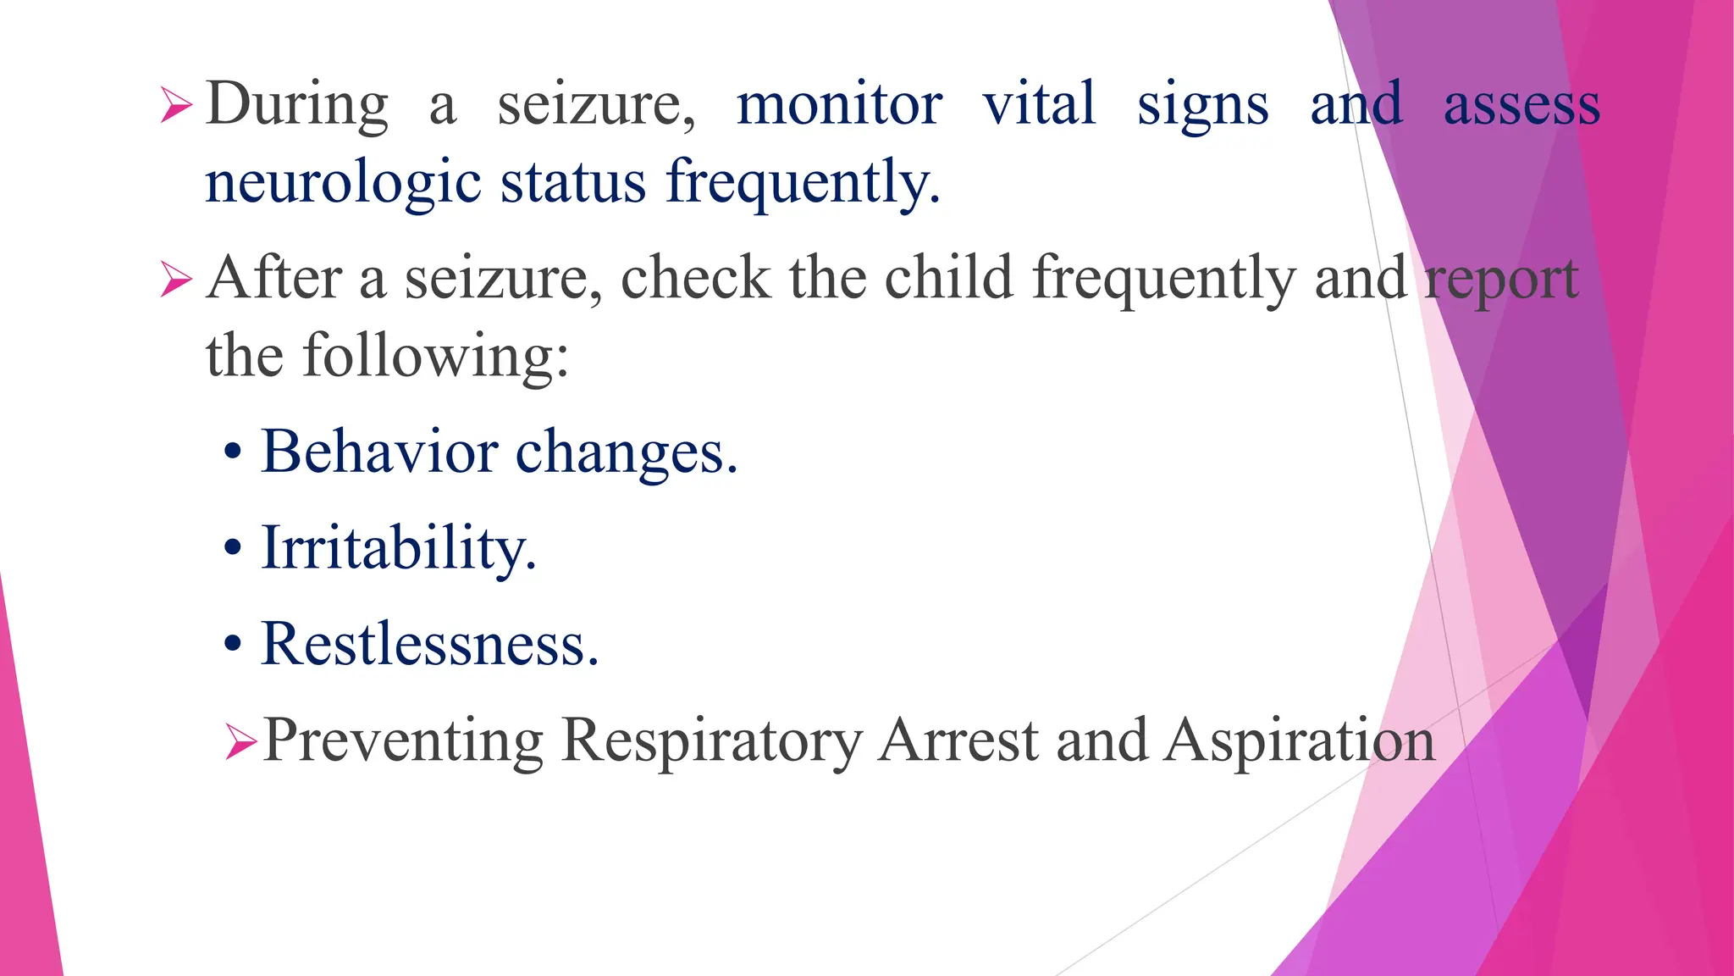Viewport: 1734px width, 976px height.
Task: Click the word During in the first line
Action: pyautogui.click(x=296, y=105)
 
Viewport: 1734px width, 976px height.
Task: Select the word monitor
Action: pyautogui.click(x=838, y=105)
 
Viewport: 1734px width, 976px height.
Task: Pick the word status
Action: pyautogui.click(x=573, y=181)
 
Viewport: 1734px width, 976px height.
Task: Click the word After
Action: pyautogui.click(x=273, y=278)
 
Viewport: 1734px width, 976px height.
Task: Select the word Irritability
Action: pyautogui.click(x=398, y=549)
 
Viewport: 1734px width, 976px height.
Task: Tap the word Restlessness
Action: pyautogui.click(x=429, y=644)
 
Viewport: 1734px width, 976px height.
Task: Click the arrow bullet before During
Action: pyautogui.click(x=176, y=108)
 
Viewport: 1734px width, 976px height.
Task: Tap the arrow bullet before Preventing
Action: pyautogui.click(x=241, y=743)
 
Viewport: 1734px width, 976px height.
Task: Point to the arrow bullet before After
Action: pyautogui.click(x=176, y=280)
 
